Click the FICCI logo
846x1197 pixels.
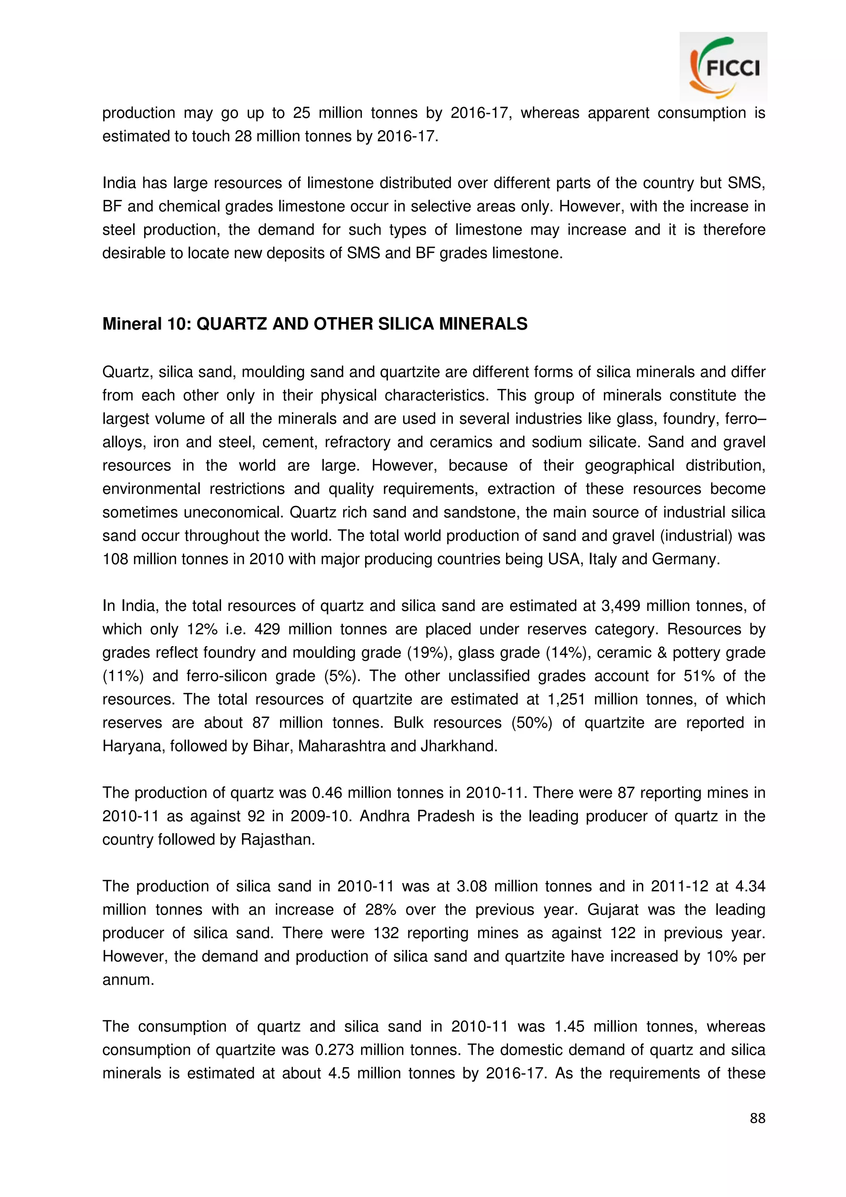[723, 67]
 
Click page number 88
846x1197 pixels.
[757, 1118]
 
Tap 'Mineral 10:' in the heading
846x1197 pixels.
[147, 324]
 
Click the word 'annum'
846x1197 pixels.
[128, 980]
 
